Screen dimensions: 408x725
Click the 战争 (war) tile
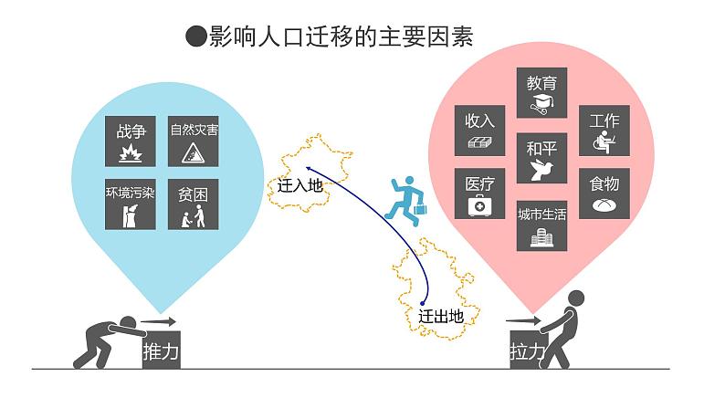tap(131, 140)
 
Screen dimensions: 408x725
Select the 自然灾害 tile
tap(194, 140)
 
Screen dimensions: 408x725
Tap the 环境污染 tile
tap(131, 203)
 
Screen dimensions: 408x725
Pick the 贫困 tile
tap(194, 203)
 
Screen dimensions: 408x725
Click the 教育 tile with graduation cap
tap(542, 92)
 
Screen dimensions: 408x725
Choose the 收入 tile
tap(480, 130)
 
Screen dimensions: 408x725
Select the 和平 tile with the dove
tap(542, 157)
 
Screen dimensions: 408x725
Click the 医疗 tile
tap(480, 194)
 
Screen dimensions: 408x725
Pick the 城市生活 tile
tap(542, 225)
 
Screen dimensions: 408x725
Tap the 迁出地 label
tap(442, 317)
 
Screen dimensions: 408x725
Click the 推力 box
tap(161, 349)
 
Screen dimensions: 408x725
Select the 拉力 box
tap(527, 349)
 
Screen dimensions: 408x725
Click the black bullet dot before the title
tap(194, 37)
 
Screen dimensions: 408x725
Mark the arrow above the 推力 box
tap(158, 320)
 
